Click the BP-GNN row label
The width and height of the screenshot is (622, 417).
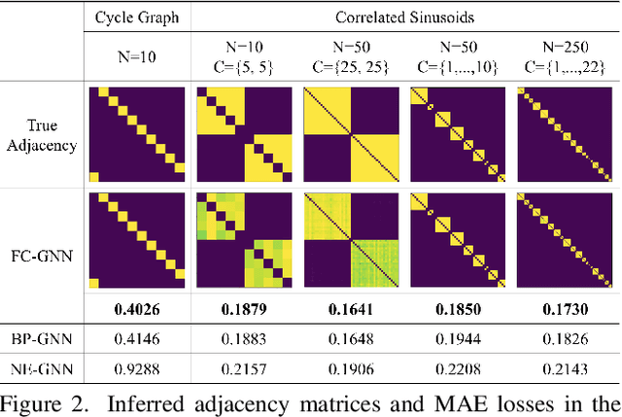[44, 337]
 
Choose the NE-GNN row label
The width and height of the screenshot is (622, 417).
[44, 366]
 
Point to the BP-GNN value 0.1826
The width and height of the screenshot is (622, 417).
[565, 337]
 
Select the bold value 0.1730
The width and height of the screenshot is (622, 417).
[565, 309]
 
